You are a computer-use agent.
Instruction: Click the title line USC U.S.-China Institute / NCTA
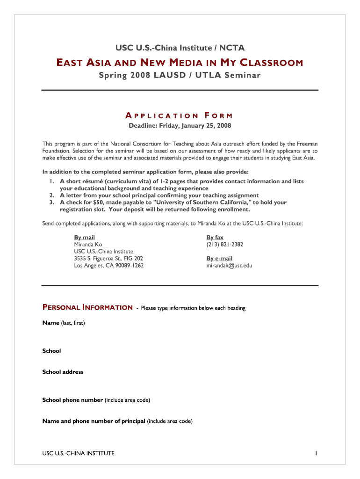click(180, 47)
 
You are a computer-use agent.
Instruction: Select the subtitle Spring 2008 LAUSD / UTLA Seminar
click(180, 75)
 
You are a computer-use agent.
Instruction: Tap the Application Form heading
click(180, 116)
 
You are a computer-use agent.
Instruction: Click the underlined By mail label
click(85, 238)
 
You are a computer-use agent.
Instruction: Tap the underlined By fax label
click(215, 238)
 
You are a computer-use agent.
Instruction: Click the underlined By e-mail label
click(219, 259)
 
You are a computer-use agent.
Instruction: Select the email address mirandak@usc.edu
click(229, 266)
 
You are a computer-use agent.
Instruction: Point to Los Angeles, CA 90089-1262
click(109, 266)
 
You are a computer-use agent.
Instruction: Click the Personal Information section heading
click(87, 308)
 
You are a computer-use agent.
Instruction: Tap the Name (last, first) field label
click(64, 323)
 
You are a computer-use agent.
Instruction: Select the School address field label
click(63, 372)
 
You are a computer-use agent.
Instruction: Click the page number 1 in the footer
click(317, 453)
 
